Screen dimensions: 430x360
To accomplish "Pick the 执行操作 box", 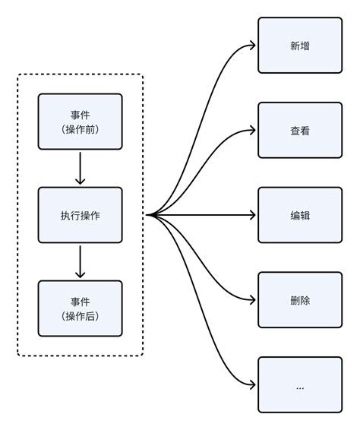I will point(80,215).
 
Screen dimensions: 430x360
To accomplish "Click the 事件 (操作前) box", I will point(80,122).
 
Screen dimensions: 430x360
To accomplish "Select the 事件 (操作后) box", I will point(80,308).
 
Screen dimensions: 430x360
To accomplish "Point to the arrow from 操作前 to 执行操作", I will point(80,168).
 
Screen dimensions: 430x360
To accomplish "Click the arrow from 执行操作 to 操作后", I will point(80,261).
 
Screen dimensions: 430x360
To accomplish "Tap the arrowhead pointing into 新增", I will point(252,46).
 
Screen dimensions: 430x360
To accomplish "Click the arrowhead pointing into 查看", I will point(252,131).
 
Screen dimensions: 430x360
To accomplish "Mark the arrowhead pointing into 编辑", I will point(252,215).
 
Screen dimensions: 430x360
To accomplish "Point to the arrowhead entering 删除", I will point(252,300).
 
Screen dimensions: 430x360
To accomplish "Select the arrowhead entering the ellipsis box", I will point(252,385).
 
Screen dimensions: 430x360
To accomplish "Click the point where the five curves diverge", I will point(149,215).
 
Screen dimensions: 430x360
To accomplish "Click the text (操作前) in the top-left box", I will point(80,129).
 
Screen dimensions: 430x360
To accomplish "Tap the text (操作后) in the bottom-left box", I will point(80,316).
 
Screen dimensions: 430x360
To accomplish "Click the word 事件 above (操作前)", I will point(80,115).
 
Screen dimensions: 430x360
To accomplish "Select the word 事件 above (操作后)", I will point(80,302).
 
